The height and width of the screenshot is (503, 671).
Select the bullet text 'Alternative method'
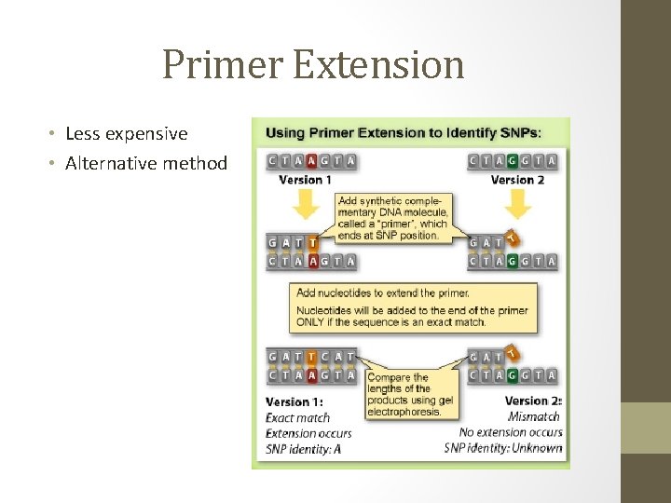coord(146,164)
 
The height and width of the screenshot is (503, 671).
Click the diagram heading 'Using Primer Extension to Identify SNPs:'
coord(404,132)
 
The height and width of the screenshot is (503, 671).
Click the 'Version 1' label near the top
coord(306,180)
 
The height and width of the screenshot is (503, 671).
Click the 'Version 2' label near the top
coord(517,180)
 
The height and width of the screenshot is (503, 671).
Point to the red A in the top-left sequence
coord(312,161)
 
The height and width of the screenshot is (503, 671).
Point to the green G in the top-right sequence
coord(513,161)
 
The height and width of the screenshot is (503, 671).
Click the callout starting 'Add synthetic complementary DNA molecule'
coord(392,218)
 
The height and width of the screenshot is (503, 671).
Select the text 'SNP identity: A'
coord(303,449)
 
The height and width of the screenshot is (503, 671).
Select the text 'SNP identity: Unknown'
coord(503,448)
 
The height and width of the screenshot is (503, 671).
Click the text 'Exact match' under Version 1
coord(297,417)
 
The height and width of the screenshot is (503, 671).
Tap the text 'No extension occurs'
coord(511,432)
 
